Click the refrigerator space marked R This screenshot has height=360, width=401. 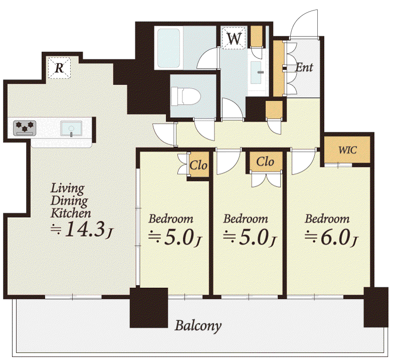click(59, 68)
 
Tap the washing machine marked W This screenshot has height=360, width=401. click(234, 38)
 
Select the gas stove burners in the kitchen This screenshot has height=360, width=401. click(25, 128)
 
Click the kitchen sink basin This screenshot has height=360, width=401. click(71, 128)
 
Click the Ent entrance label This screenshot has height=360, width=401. click(304, 68)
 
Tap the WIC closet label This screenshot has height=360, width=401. click(347, 150)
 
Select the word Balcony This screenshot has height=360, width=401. click(198, 326)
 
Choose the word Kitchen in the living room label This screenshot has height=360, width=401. click(71, 214)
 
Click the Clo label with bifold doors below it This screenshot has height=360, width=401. click(265, 162)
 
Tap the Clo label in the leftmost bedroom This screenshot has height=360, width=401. click(198, 165)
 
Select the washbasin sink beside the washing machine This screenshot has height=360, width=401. click(256, 72)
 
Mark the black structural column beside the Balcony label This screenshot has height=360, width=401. click(149, 308)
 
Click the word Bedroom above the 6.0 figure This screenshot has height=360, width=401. click(327, 219)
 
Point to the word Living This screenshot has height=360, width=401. click(68, 189)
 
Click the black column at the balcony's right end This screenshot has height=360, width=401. click(376, 307)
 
